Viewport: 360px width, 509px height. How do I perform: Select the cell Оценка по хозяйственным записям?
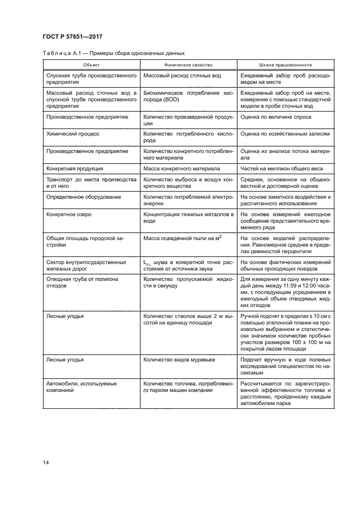[285, 133]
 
